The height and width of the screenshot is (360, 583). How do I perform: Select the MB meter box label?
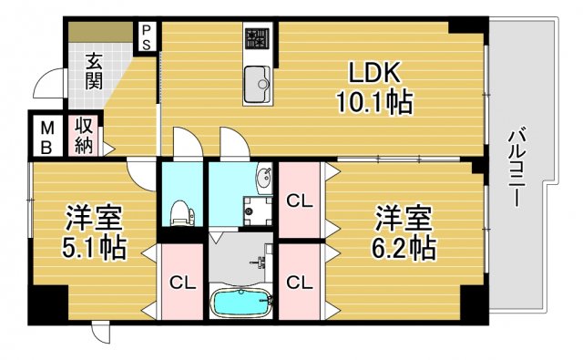click(45, 136)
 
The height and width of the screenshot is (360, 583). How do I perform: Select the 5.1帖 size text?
click(95, 245)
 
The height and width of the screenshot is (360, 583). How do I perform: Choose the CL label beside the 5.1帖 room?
click(183, 283)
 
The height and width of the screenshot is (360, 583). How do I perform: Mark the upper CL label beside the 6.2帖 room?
click(300, 200)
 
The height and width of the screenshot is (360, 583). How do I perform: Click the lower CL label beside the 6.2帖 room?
click(300, 283)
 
